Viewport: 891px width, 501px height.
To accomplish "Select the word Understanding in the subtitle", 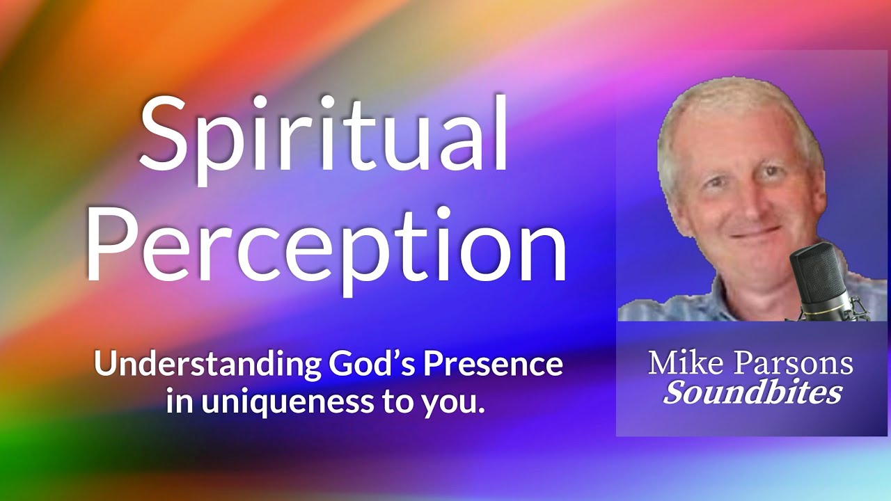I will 207,365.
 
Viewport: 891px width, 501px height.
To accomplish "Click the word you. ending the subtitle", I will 457,403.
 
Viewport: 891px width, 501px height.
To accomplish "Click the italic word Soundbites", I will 752,392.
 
